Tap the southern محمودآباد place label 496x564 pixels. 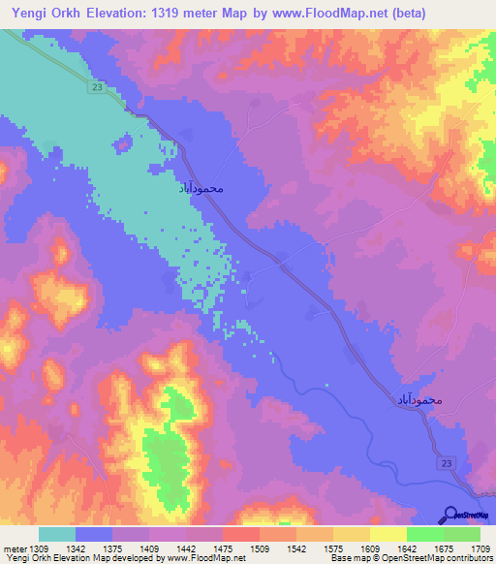pos(418,398)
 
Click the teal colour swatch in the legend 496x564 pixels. pos(57,534)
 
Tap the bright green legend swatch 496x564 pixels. pos(425,534)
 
